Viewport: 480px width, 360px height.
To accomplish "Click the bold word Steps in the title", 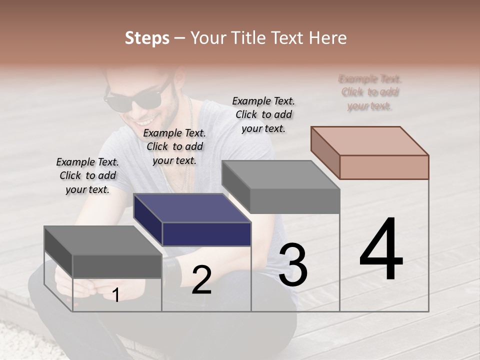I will click(147, 38).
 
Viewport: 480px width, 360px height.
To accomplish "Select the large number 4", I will click(381, 249).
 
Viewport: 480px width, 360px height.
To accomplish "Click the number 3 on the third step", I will click(293, 265).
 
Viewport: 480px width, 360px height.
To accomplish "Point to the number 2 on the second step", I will click(201, 280).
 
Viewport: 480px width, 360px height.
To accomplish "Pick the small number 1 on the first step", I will click(116, 295).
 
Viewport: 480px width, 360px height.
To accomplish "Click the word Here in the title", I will click(327, 38).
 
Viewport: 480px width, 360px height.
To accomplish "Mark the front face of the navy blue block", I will click(206, 234).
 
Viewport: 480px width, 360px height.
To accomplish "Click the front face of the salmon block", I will click(384, 167).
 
